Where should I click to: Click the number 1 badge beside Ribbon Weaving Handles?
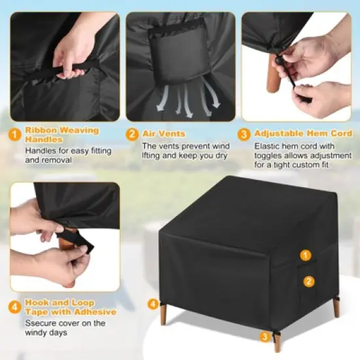coord(14,135)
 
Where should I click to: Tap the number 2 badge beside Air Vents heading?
coord(132,134)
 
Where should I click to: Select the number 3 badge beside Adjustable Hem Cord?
coord(244,134)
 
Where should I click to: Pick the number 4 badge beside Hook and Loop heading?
coord(14,307)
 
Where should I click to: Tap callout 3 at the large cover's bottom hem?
coord(264,337)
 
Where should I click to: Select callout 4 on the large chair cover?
coord(153,304)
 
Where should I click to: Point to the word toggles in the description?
coord(271,156)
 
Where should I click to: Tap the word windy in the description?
coord(38,333)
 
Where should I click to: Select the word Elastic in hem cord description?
coord(266,147)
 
